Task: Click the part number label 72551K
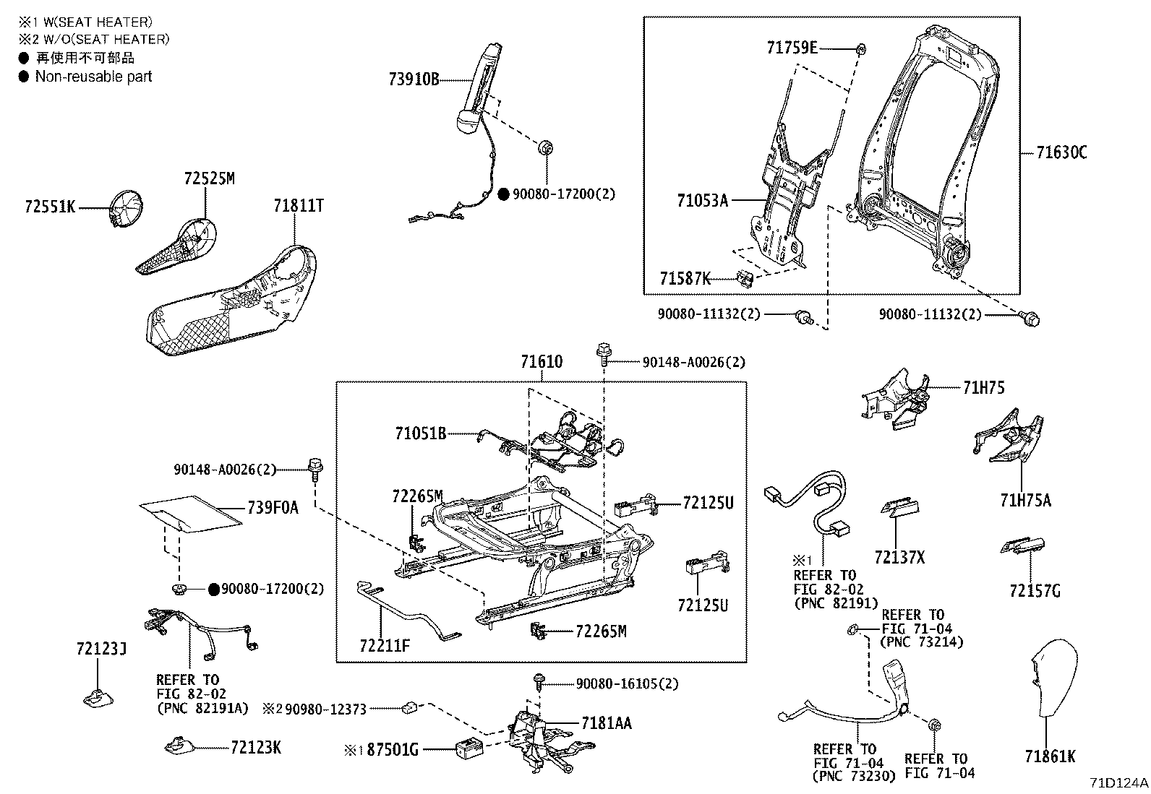(49, 207)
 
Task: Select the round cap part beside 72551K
(128, 209)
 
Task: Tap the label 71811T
(299, 206)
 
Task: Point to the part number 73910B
(414, 79)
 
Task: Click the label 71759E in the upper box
(792, 48)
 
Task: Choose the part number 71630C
(1061, 152)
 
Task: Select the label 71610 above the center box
(542, 362)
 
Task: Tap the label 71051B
(420, 433)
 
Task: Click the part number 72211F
(385, 644)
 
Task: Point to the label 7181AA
(606, 723)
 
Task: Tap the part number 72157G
(1035, 591)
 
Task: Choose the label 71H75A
(1026, 499)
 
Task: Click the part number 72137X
(899, 557)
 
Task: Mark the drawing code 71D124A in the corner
(1119, 782)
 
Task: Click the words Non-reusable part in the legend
(94, 77)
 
